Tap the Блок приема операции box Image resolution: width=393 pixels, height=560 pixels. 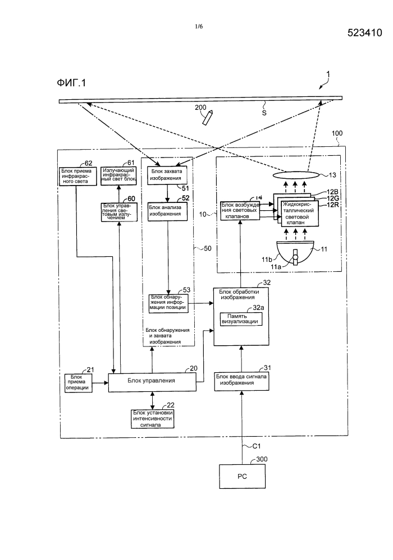point(77,382)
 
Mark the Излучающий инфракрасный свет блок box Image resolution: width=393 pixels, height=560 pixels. point(120,174)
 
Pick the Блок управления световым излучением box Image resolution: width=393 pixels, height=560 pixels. point(120,212)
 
